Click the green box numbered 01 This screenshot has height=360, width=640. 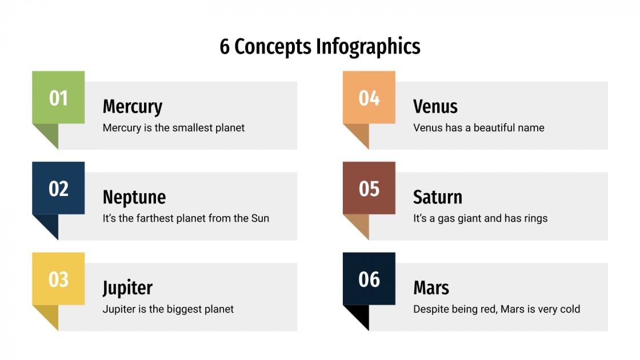point(58,98)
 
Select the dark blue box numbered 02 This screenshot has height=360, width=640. point(58,188)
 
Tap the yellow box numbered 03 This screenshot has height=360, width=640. point(58,279)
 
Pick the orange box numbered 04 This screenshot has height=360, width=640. point(369,98)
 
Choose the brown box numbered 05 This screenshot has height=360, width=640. point(369,188)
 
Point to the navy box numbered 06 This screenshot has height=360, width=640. point(369,279)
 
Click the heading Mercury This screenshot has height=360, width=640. point(132,107)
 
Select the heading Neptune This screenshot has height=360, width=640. point(134,197)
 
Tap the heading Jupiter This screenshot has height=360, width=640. point(127,288)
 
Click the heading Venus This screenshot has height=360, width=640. point(435,107)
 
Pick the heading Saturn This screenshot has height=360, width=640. point(437,197)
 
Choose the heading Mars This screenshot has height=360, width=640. point(431,288)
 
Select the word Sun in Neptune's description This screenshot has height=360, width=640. point(260,218)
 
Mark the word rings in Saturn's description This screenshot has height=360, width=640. point(534,218)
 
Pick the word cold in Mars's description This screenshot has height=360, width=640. point(570,309)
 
